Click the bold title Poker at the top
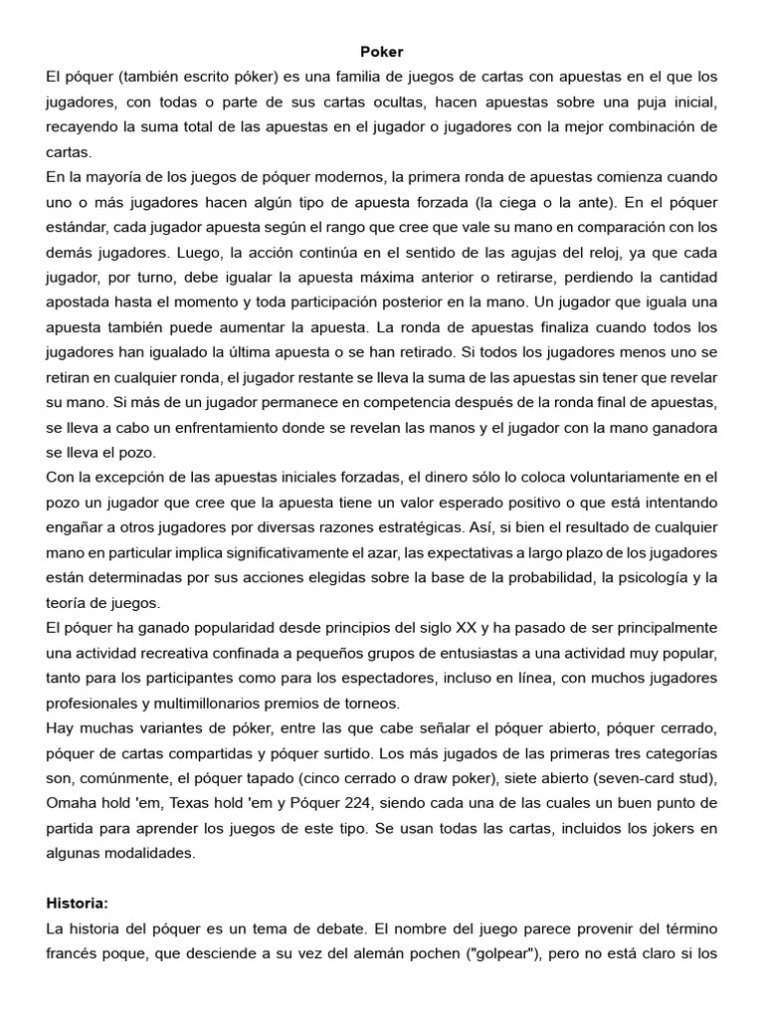382,51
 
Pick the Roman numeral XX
464,628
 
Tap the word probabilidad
513,577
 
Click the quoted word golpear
505,953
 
